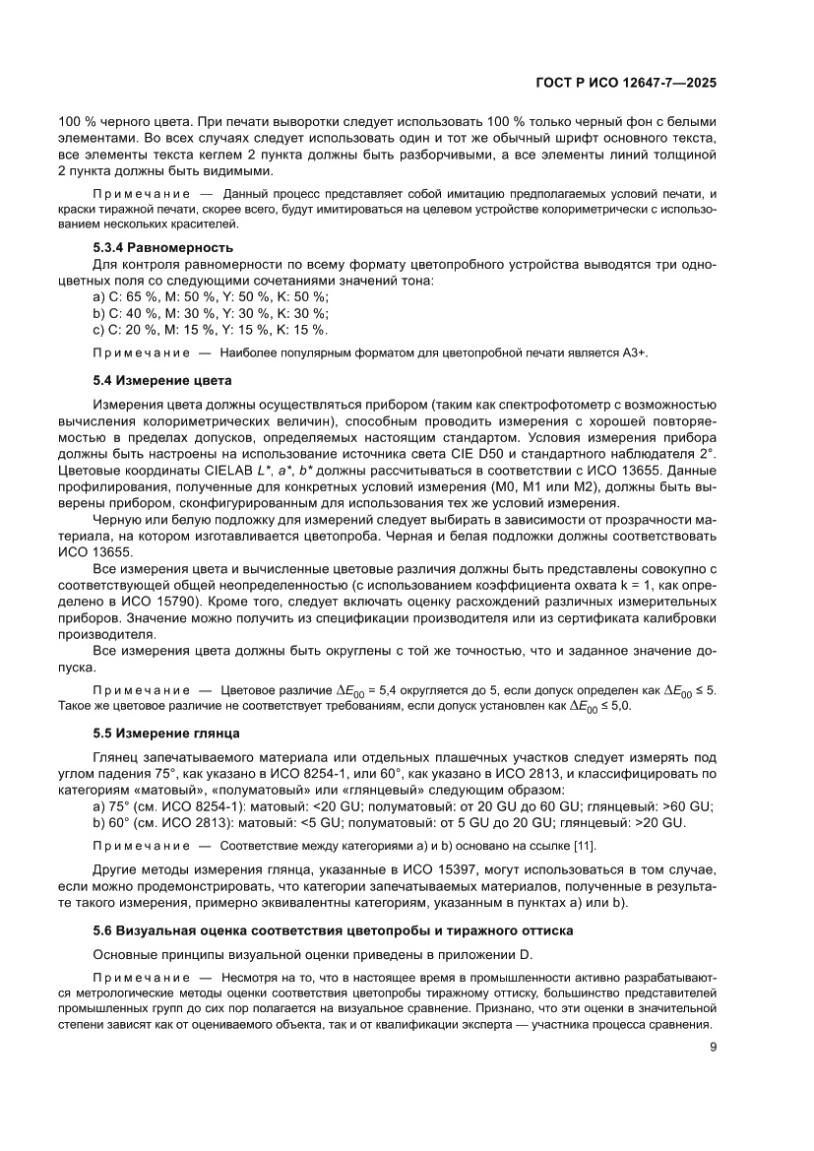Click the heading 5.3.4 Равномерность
click(x=162, y=247)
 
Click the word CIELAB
click(x=257, y=468)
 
